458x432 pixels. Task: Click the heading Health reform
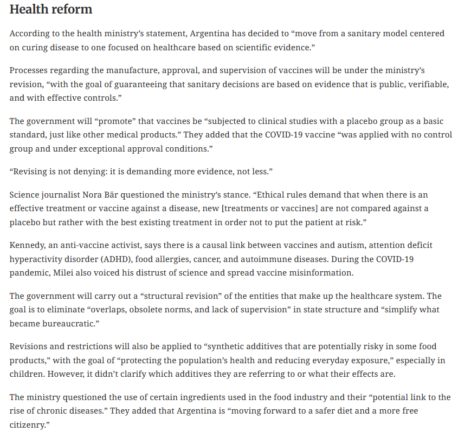click(51, 10)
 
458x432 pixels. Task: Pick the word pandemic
click(31, 272)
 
